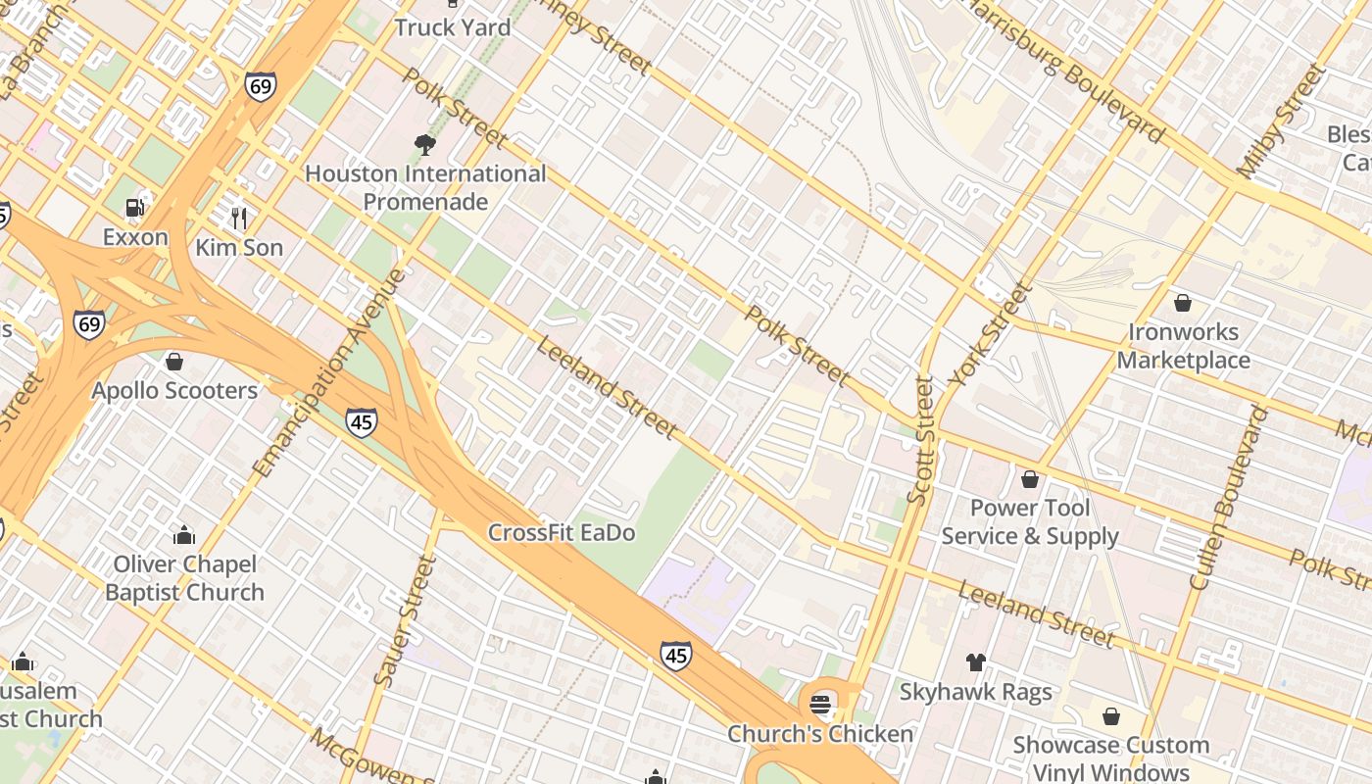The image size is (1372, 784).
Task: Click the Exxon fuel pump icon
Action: (x=135, y=207)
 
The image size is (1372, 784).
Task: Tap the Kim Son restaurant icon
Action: (x=238, y=217)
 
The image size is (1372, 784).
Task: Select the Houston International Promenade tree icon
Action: (x=424, y=145)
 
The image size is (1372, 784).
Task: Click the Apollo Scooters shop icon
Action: (x=174, y=362)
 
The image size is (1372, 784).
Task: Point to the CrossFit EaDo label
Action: (x=562, y=533)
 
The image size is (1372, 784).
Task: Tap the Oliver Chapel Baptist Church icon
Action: (x=183, y=535)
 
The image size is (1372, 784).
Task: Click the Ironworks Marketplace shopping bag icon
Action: (x=1183, y=303)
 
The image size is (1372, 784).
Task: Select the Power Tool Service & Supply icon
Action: (x=1029, y=479)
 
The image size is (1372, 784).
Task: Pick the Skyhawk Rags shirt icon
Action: (x=975, y=662)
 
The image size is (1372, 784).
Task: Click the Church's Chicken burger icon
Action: (x=820, y=704)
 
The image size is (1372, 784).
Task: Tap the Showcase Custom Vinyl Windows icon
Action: (x=1110, y=716)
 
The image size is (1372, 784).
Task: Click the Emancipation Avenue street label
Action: (x=328, y=373)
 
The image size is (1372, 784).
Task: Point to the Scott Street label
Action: (x=921, y=441)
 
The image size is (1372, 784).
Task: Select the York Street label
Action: (x=991, y=334)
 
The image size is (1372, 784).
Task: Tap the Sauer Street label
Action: (x=404, y=619)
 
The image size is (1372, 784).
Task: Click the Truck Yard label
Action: (x=452, y=27)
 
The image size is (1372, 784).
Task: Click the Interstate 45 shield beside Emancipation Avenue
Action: (x=362, y=421)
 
